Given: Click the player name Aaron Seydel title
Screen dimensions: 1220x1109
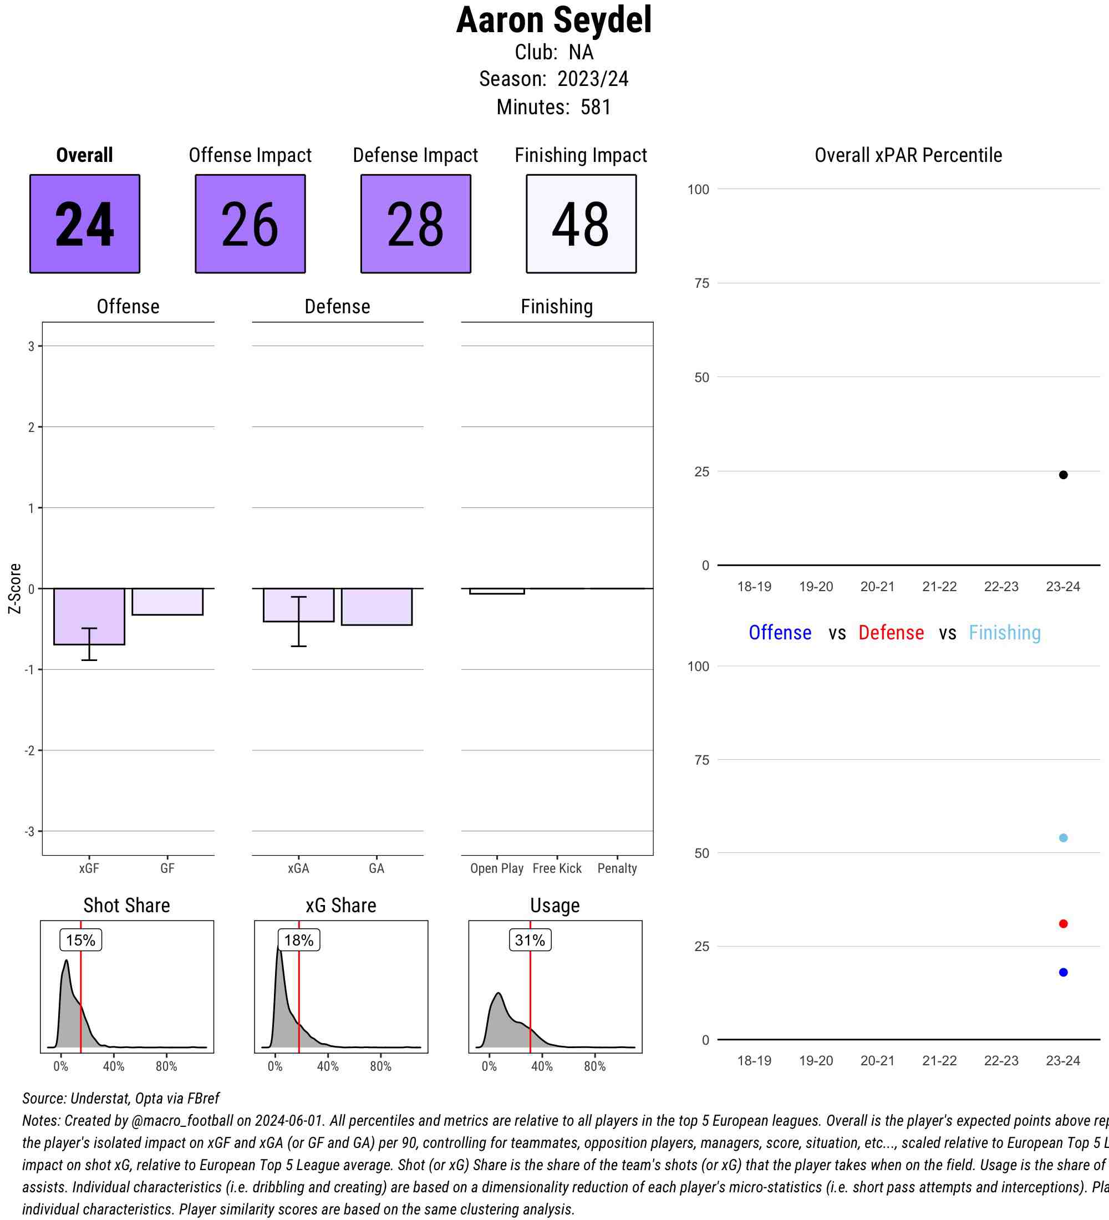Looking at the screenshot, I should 553,21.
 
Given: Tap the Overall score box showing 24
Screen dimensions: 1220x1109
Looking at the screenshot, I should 85,224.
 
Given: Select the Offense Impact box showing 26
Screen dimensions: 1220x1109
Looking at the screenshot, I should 250,224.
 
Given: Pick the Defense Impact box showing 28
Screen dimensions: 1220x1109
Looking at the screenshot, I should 416,224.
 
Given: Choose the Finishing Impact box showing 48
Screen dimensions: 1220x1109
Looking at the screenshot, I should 581,224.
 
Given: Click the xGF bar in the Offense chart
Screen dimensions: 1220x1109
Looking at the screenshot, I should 89,616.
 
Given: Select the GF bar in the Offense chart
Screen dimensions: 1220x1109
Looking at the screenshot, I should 167,602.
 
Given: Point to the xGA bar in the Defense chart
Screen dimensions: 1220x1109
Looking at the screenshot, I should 298,604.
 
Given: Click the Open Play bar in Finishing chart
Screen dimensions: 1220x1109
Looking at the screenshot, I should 497,591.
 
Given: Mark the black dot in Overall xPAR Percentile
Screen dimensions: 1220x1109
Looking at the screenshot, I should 1063,475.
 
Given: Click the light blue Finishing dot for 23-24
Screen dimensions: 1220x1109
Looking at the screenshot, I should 1063,838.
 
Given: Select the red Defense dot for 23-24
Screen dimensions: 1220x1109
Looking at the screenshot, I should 1063,924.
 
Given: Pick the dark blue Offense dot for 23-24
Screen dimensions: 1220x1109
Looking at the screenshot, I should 1063,973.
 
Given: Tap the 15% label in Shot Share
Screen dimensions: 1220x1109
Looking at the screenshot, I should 80,941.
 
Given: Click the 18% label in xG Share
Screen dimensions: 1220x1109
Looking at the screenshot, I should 299,941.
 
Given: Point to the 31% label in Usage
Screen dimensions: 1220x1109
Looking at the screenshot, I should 530,941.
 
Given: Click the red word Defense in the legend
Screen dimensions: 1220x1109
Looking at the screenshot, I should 891,633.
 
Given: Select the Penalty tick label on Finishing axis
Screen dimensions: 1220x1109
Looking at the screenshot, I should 617,868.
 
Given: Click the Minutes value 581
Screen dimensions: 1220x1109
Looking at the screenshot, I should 596,107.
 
